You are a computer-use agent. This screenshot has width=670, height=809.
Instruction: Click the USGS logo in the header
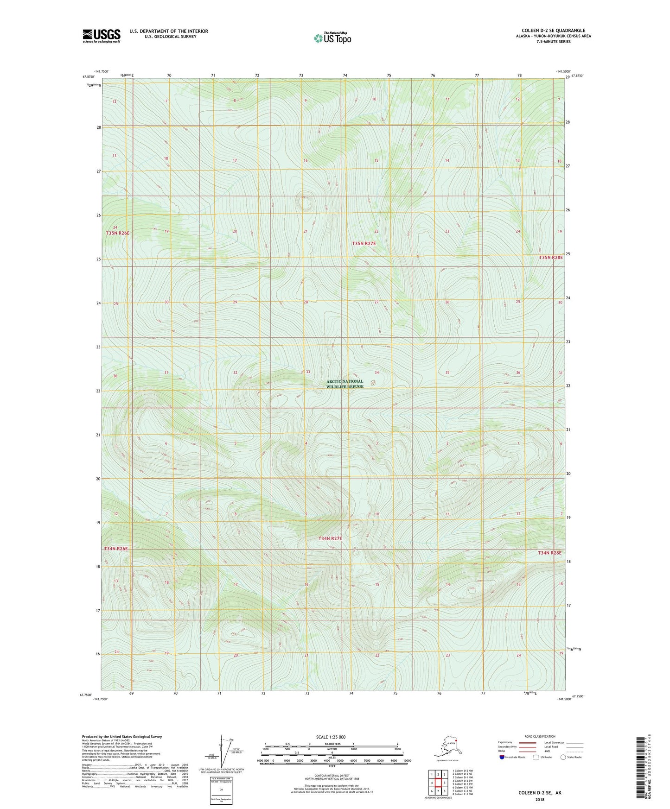102,36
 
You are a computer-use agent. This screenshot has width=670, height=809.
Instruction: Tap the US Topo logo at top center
332,38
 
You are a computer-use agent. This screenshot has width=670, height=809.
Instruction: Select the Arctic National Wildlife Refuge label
345,384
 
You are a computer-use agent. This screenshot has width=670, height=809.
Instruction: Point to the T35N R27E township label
364,243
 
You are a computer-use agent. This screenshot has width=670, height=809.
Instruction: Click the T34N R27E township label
330,538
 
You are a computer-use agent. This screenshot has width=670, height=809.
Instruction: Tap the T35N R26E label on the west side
117,233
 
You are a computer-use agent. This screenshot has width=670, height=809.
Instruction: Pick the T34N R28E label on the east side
549,553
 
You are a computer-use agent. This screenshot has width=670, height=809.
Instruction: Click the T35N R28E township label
551,257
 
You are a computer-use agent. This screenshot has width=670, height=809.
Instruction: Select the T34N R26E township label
116,549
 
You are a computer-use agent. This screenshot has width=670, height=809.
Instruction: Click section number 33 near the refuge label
308,372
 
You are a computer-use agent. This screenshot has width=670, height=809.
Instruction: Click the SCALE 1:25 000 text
331,737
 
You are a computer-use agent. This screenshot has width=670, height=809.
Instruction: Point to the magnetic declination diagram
222,753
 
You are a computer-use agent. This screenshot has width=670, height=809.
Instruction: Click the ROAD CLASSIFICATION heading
540,736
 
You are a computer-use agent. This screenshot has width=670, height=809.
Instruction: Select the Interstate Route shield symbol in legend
502,757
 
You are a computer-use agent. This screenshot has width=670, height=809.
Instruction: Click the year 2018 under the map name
540,799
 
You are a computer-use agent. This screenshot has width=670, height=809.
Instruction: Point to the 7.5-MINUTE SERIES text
553,42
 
